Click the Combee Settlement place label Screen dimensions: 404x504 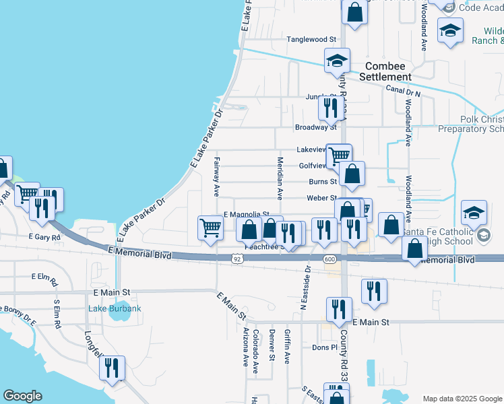385,71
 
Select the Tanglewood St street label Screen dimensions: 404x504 311,40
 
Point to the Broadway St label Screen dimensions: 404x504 315,127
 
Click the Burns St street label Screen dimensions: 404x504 322,181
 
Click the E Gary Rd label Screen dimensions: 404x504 45,237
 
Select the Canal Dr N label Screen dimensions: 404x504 403,90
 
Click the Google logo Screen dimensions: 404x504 23,396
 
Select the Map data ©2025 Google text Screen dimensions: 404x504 462,399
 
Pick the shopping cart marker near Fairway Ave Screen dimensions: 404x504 210,228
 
